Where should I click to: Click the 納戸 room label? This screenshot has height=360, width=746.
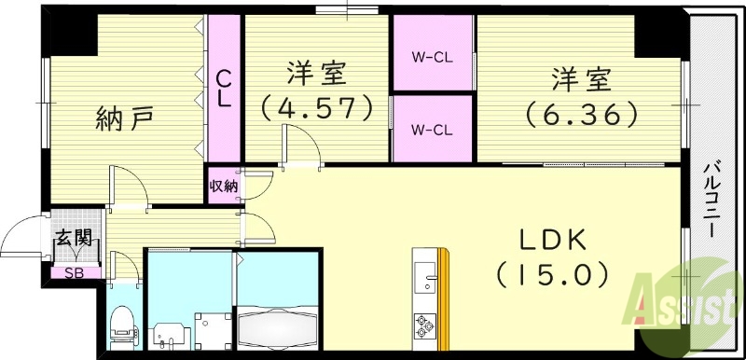[124, 118]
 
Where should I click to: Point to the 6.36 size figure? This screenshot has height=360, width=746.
[581, 114]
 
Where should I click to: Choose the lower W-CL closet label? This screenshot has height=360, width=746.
[433, 129]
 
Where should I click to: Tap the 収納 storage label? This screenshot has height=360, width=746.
[223, 187]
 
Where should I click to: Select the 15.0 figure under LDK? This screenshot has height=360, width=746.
[552, 275]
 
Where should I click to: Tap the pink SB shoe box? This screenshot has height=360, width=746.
[72, 273]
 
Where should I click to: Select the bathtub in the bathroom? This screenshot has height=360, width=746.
[278, 328]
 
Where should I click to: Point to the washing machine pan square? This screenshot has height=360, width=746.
[210, 328]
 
